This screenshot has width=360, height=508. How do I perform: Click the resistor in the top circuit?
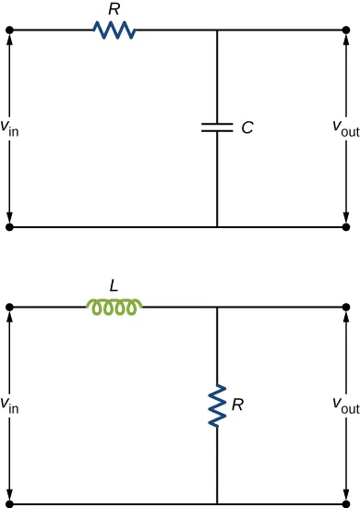pos(115,30)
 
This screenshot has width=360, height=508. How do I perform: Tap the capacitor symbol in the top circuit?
pos(217,128)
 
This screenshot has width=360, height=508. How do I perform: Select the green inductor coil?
pos(114,308)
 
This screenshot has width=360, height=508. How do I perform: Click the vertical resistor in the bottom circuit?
pos(217,405)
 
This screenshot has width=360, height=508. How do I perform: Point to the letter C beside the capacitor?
pos(246,129)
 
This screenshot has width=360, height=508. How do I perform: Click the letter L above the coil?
pos(114,286)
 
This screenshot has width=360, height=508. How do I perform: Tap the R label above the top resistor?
pos(114,10)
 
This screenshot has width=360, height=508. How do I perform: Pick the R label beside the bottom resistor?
pos(238,405)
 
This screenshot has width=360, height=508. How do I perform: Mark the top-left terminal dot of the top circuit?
pos(10,30)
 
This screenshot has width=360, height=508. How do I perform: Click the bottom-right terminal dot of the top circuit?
pos(345,226)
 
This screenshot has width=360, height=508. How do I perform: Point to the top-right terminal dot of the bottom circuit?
pos(345,307)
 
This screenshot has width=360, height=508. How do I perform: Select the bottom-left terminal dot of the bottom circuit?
pos(10,503)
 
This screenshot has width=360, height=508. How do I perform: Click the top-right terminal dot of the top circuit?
pos(345,30)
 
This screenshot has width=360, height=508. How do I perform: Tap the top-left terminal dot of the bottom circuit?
pos(10,307)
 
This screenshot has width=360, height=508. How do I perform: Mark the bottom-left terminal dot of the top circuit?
pos(10,226)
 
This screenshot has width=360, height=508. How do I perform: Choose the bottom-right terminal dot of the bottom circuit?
pos(345,503)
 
